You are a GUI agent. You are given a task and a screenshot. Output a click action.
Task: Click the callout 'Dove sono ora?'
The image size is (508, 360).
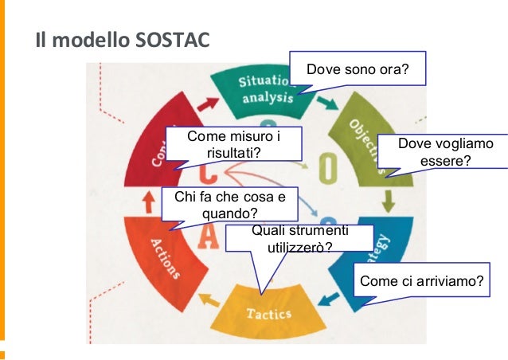pyautogui.click(x=358, y=70)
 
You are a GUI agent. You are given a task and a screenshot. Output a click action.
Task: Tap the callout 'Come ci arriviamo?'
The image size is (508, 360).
pyautogui.click(x=421, y=281)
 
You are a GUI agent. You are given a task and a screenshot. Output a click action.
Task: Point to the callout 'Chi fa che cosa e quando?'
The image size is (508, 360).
pyautogui.click(x=229, y=205)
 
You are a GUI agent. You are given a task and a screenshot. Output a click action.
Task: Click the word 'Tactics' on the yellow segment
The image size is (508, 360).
pyautogui.click(x=268, y=313)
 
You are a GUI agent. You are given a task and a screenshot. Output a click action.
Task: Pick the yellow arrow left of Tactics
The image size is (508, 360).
pyautogui.click(x=209, y=300)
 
